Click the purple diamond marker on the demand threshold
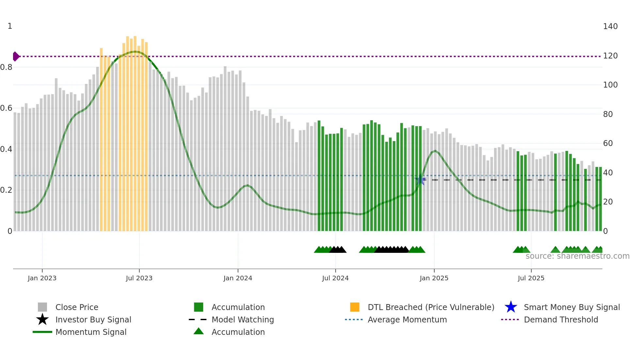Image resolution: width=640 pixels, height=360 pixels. click(x=16, y=57)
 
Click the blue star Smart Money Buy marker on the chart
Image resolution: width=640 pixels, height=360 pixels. click(x=420, y=180)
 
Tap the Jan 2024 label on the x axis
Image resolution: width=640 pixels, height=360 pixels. click(x=238, y=278)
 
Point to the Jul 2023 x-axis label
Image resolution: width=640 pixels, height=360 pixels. click(x=139, y=278)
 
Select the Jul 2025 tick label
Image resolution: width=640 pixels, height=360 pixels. click(x=531, y=278)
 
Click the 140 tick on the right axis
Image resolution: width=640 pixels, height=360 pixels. click(x=610, y=26)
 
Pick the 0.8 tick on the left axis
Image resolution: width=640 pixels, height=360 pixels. click(x=6, y=67)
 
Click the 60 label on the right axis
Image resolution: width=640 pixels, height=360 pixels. click(x=608, y=143)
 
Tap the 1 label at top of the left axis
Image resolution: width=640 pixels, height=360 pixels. click(x=10, y=26)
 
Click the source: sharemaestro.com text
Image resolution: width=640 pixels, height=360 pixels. click(x=577, y=256)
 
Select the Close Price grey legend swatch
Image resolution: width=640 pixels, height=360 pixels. click(x=42, y=307)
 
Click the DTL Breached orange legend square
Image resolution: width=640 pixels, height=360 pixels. click(x=355, y=307)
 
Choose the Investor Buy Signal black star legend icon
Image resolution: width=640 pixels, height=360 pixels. click(x=42, y=319)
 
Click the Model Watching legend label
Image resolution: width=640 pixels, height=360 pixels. click(x=243, y=319)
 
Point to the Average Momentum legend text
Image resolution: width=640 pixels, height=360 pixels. click(x=407, y=319)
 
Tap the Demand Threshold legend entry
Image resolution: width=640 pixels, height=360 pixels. click(x=561, y=319)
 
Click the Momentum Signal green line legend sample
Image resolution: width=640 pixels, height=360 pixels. click(x=42, y=332)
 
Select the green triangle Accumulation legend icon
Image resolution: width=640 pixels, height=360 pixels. click(x=199, y=332)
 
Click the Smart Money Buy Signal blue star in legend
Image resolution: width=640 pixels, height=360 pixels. click(x=511, y=307)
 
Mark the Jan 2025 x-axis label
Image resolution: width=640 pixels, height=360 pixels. click(x=434, y=278)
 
